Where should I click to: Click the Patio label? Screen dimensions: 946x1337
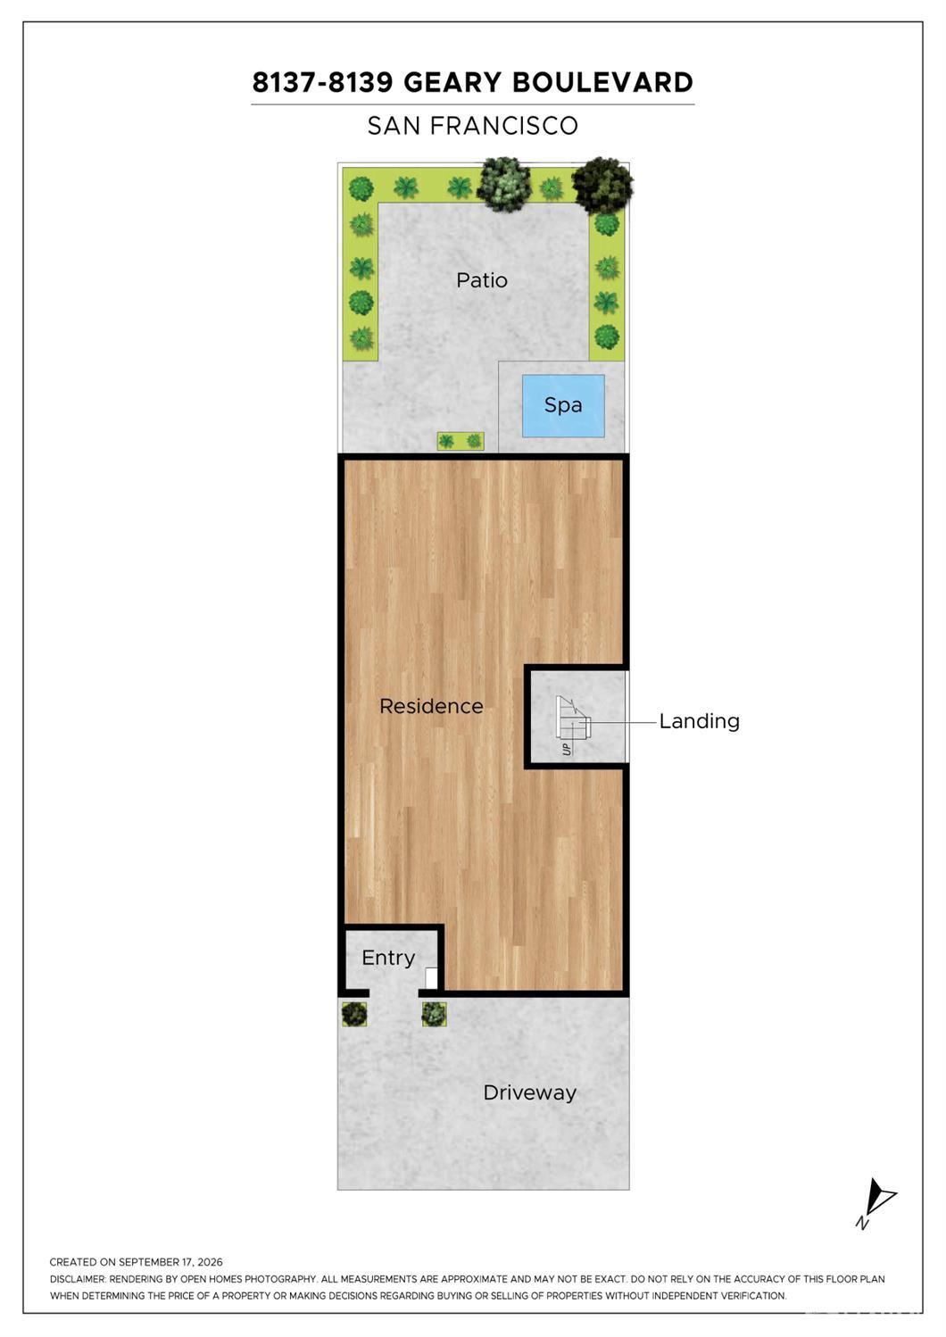coord(482,280)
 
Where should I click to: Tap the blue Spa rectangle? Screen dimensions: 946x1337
coord(563,406)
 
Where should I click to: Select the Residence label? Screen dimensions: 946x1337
coord(432,706)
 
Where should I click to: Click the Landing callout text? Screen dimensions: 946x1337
coord(699,722)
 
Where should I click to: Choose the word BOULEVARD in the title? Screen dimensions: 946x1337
coord(602,82)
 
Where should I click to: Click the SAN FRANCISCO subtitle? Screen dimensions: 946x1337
coord(473,126)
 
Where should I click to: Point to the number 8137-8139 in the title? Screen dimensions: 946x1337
coord(323,82)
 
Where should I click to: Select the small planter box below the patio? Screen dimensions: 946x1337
coord(461,441)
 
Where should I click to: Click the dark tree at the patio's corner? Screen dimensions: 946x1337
coord(602,185)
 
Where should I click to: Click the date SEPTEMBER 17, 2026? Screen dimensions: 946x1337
coord(170,1262)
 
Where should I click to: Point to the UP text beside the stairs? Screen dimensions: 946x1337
coord(567,749)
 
